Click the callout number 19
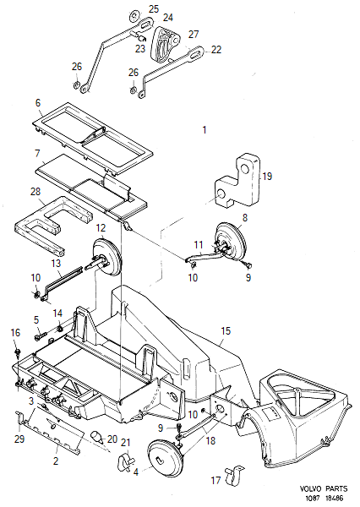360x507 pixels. click(x=267, y=177)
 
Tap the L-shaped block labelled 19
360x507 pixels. click(x=239, y=181)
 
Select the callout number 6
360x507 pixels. click(x=38, y=154)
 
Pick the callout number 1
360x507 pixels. click(x=203, y=130)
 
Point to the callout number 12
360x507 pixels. click(x=101, y=227)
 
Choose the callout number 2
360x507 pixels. click(x=56, y=461)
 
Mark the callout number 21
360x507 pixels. click(x=125, y=443)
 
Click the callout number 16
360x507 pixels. click(x=14, y=333)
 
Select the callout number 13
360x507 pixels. click(x=56, y=264)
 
